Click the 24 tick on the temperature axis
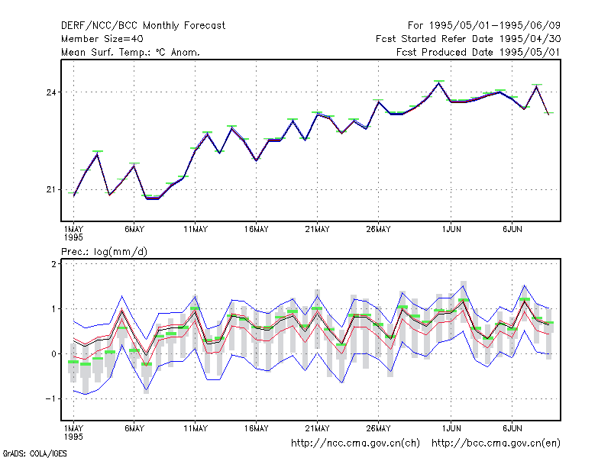[x=51, y=92]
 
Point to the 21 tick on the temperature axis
[x=51, y=189]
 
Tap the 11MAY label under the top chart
[x=196, y=230]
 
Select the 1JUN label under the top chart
[x=451, y=230]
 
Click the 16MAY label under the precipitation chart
[x=257, y=428]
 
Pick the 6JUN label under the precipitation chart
[x=512, y=428]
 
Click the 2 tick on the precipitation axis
[x=53, y=264]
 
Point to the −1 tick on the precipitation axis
[x=50, y=398]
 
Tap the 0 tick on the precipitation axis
[x=53, y=354]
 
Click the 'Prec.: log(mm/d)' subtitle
[x=104, y=252]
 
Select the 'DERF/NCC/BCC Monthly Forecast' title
[x=143, y=26]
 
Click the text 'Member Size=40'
[x=102, y=39]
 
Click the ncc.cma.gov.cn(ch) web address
[x=355, y=443]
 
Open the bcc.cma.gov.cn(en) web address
[x=496, y=443]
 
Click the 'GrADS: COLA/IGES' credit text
[x=35, y=453]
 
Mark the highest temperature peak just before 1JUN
[x=439, y=83]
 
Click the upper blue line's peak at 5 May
[x=122, y=296]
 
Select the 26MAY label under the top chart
[x=378, y=230]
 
